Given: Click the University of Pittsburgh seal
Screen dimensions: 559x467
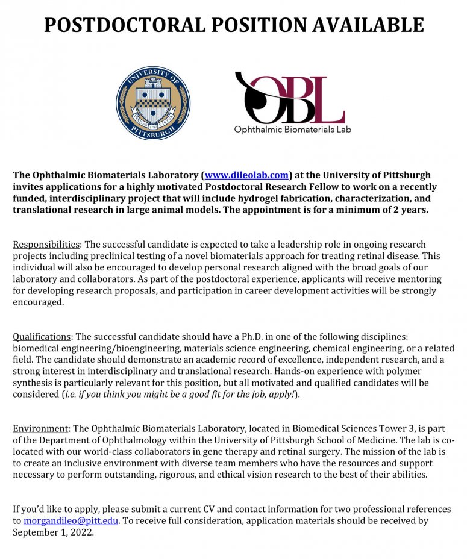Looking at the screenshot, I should [x=152, y=103].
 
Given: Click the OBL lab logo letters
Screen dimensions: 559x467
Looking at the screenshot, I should [x=289, y=98].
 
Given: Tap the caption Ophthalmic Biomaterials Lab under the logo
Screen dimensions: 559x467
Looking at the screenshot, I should [x=292, y=129].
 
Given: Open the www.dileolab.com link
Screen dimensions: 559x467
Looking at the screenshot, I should [x=246, y=175].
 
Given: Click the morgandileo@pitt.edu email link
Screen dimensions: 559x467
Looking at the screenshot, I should [x=71, y=520].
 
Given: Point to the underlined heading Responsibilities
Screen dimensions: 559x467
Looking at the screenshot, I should [x=46, y=245].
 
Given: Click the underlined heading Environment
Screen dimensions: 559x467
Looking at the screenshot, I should [x=41, y=429].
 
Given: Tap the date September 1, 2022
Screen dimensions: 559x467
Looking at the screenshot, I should [x=53, y=532].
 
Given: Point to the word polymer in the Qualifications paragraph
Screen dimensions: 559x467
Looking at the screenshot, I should [x=405, y=372].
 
